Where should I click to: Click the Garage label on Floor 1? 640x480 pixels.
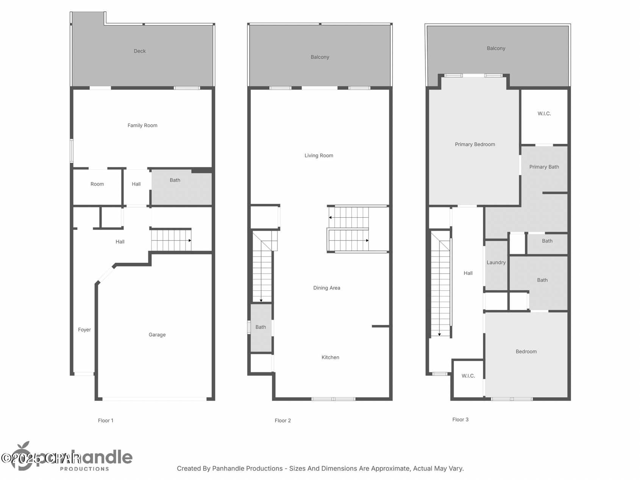coord(157,335)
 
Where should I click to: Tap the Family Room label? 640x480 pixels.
coord(142,125)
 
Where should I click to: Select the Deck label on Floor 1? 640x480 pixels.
coord(139,51)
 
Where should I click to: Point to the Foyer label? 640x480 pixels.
coord(84,330)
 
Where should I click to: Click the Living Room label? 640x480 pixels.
coord(319,156)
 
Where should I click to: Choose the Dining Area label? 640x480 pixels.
coord(326,288)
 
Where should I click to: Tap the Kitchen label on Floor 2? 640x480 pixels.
coord(330,357)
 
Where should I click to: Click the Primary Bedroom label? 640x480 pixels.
coord(475,144)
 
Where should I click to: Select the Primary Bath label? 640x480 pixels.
coord(544,167)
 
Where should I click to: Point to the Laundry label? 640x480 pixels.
coord(496,262)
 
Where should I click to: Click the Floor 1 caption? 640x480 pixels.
coord(106,421)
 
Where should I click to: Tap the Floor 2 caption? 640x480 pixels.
coord(283,421)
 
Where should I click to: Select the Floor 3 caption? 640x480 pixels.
coord(460,419)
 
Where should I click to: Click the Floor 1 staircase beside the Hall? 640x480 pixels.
coord(171,240)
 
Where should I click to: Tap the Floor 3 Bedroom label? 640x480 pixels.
coord(526,352)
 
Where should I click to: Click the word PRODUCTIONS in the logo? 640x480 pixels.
coord(84,469)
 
